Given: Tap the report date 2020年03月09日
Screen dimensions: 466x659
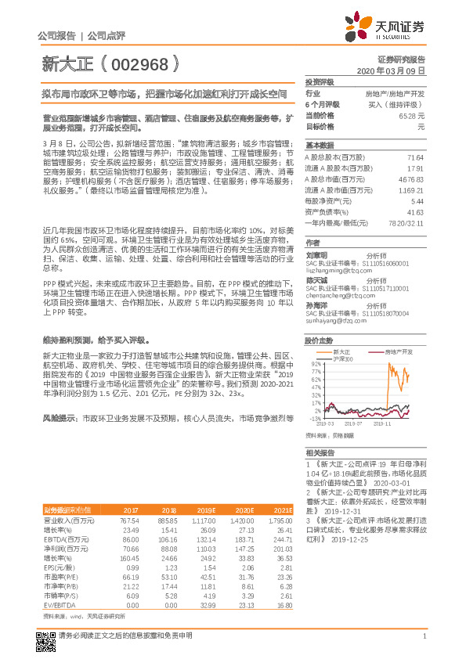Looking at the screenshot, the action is [x=391, y=71].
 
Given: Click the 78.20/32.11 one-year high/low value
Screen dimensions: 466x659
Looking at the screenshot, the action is [x=408, y=223].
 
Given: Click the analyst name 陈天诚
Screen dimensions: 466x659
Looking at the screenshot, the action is [x=316, y=279].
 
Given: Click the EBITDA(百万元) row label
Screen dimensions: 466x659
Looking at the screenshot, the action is [x=68, y=540].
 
